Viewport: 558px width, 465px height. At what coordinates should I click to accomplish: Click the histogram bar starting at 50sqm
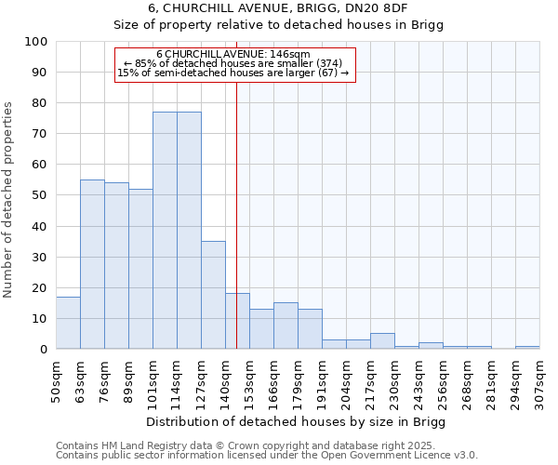(x=68, y=323)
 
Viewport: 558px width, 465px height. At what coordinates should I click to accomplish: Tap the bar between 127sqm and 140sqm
(x=213, y=295)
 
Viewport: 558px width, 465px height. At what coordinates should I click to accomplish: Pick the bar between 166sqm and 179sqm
(x=286, y=325)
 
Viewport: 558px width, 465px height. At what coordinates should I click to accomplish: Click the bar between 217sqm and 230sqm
(x=382, y=341)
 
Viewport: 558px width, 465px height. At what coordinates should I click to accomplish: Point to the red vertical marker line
(x=237, y=186)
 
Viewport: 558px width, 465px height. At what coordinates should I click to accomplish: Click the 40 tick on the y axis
(x=40, y=226)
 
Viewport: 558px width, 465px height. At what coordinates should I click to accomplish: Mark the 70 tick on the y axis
(x=40, y=134)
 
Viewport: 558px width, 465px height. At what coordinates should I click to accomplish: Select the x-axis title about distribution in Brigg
(x=297, y=422)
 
